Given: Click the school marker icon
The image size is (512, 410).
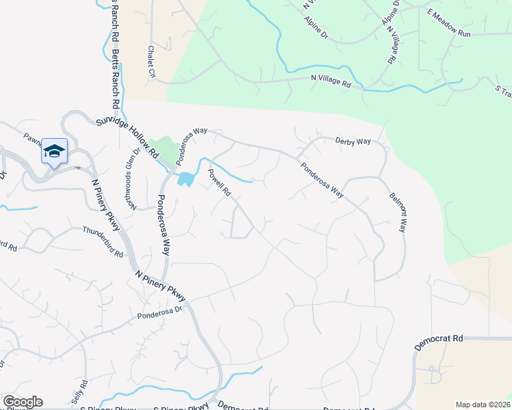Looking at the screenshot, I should (54, 151).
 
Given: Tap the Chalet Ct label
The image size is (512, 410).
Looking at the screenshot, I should (151, 62).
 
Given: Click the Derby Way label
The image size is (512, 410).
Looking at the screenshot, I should (353, 141).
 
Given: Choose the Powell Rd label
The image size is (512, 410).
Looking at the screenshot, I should (220, 182).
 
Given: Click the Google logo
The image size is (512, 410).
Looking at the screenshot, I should (22, 402).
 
